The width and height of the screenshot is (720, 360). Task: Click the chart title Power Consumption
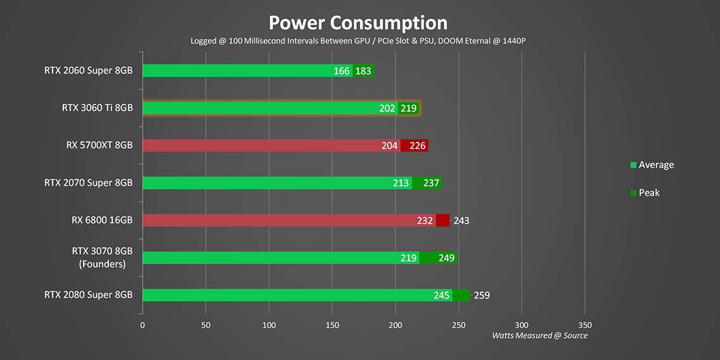[x=358, y=23]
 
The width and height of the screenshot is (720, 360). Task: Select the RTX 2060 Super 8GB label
[x=88, y=70]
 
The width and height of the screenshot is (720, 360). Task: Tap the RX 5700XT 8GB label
[x=99, y=145]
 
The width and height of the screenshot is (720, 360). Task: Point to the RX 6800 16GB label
[x=102, y=221]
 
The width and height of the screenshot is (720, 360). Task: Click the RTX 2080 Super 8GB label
[x=88, y=295]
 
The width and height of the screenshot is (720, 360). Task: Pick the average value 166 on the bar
[x=342, y=71]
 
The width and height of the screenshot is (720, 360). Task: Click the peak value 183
[x=363, y=71]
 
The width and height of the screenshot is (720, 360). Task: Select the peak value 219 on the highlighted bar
[x=408, y=108]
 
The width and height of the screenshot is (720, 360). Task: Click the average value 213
[x=401, y=183]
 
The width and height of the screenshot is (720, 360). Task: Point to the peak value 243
[x=461, y=221]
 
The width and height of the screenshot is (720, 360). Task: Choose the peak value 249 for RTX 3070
[x=446, y=258]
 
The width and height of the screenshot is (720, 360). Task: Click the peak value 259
[x=482, y=295]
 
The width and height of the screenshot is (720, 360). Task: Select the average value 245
[x=442, y=295]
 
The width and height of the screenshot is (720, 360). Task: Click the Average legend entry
[x=655, y=165]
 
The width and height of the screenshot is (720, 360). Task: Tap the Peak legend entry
[x=648, y=193]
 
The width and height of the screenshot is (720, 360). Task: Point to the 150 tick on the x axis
[x=332, y=325]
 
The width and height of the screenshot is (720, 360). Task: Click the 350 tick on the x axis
[x=585, y=325]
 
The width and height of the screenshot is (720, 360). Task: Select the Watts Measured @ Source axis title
[x=539, y=335]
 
